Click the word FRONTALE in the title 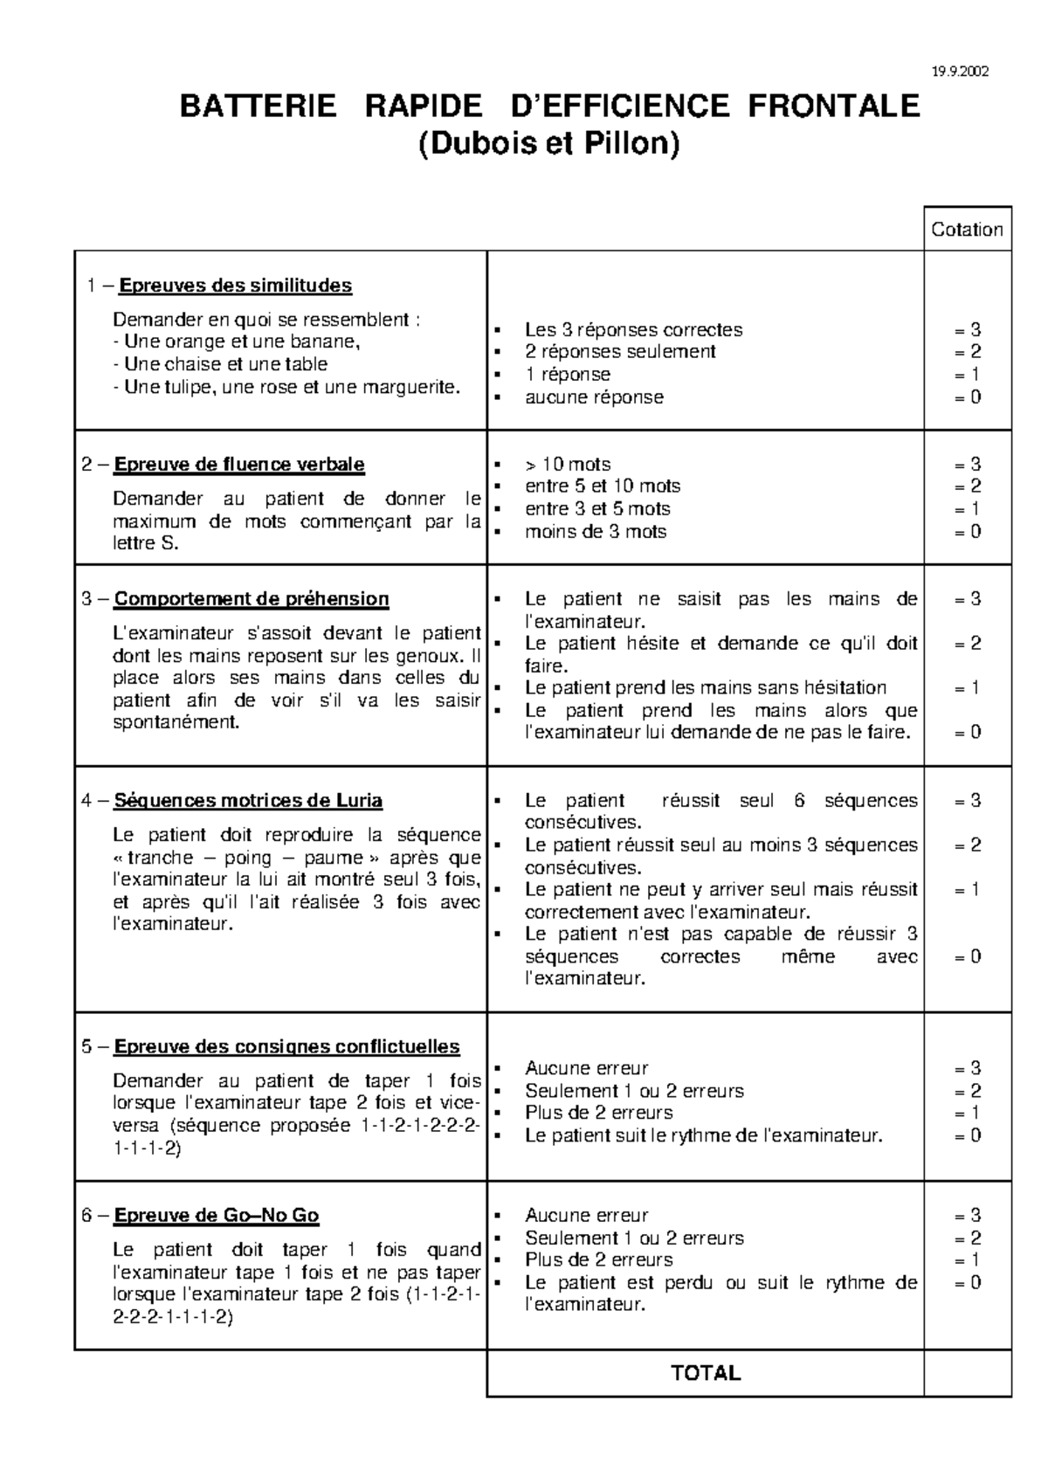(x=833, y=107)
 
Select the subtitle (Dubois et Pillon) (x=548, y=144)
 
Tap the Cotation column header (x=967, y=230)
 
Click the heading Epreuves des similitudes (x=235, y=286)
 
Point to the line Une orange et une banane (x=237, y=341)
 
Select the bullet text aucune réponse (x=594, y=397)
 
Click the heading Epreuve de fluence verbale (x=239, y=465)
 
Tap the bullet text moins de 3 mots (x=595, y=532)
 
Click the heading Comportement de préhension (x=252, y=599)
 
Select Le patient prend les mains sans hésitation (x=705, y=688)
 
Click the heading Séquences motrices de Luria (x=248, y=801)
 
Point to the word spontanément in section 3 (x=176, y=723)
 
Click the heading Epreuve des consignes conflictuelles (x=286, y=1046)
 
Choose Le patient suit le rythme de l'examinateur (x=703, y=1135)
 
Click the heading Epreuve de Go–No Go (x=216, y=1216)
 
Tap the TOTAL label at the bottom (x=706, y=1373)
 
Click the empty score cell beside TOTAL (x=967, y=1373)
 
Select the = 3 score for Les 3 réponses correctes (x=968, y=330)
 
